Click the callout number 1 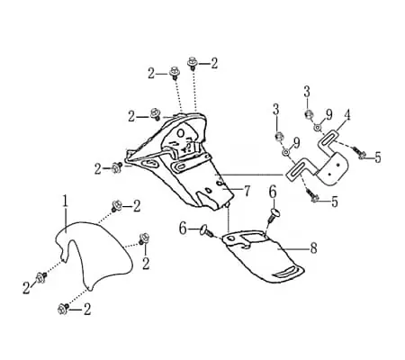tap(66, 201)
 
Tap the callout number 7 tap(247, 191)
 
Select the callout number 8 tap(313, 248)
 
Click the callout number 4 tap(347, 115)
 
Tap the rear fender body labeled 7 tap(180, 159)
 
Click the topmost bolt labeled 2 tap(192, 63)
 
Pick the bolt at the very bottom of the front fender tap(63, 309)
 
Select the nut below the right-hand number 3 tap(309, 114)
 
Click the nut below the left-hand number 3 tap(279, 137)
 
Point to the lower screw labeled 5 tap(313, 197)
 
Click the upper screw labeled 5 tap(359, 152)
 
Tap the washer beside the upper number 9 tap(318, 128)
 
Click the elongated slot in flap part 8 tap(286, 272)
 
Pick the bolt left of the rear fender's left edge tap(116, 167)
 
